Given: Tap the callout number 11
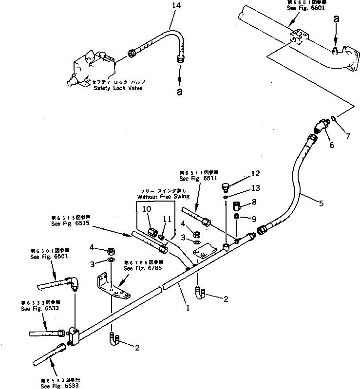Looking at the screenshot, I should click(167, 219).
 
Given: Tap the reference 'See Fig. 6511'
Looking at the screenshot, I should click(199, 178).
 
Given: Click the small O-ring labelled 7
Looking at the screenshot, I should click(333, 118).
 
